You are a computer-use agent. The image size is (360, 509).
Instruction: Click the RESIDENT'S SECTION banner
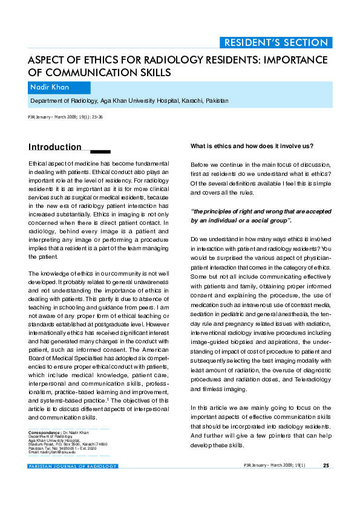pos(276,42)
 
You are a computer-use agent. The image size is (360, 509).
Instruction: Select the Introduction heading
pos(55,147)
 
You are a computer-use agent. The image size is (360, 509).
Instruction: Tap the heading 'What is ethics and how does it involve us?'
pos(252,146)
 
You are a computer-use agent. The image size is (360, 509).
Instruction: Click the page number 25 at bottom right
pos(326,465)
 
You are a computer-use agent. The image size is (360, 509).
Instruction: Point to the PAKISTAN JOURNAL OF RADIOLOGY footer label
pos(73,466)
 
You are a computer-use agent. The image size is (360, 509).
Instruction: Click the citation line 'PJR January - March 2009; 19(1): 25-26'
pos(65,117)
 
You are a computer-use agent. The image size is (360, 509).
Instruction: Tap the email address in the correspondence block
pos(52,452)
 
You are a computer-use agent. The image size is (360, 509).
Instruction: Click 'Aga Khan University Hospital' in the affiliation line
pos(140,101)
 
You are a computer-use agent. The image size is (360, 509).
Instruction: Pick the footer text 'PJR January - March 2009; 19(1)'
pos(274,465)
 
